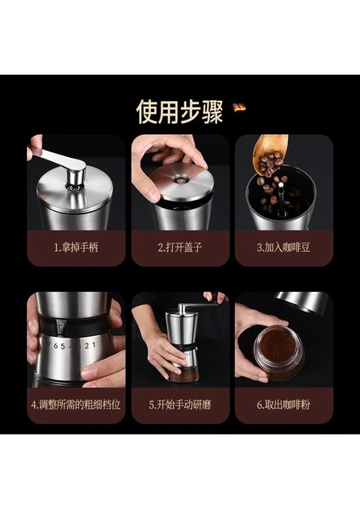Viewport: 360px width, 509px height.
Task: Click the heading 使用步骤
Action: click(179, 112)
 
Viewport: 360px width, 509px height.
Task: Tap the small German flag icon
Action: click(239, 108)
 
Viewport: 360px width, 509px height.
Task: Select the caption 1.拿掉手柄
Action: click(76, 248)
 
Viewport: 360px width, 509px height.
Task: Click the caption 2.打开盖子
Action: click(180, 248)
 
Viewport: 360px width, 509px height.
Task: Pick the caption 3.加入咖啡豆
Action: click(284, 248)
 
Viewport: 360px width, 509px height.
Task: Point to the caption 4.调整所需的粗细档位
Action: click(76, 405)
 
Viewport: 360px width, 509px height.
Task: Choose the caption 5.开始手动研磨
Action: click(180, 405)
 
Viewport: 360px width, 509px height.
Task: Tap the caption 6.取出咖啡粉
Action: click(284, 405)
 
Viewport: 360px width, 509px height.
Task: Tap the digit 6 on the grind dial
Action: click(55, 346)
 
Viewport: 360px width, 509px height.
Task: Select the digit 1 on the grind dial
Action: click(94, 344)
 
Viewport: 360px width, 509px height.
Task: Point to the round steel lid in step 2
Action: click(182, 184)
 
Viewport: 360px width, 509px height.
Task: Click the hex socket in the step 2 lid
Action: click(180, 179)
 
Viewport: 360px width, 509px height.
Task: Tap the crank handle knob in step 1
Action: click(76, 177)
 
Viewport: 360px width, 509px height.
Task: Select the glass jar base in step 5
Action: click(182, 374)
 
